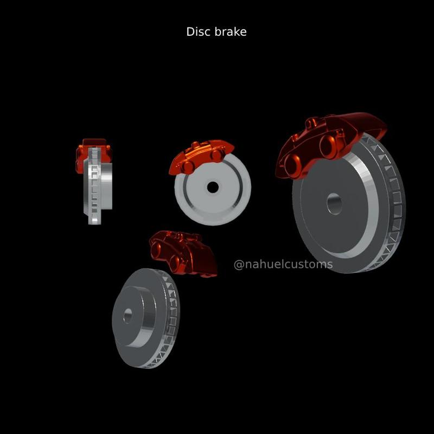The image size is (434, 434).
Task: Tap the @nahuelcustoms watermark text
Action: (283, 265)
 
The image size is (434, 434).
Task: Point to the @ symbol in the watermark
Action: (239, 265)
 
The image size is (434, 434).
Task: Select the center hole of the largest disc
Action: (334, 204)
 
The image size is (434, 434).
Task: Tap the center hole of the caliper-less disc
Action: (127, 316)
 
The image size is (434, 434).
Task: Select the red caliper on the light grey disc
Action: (201, 155)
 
